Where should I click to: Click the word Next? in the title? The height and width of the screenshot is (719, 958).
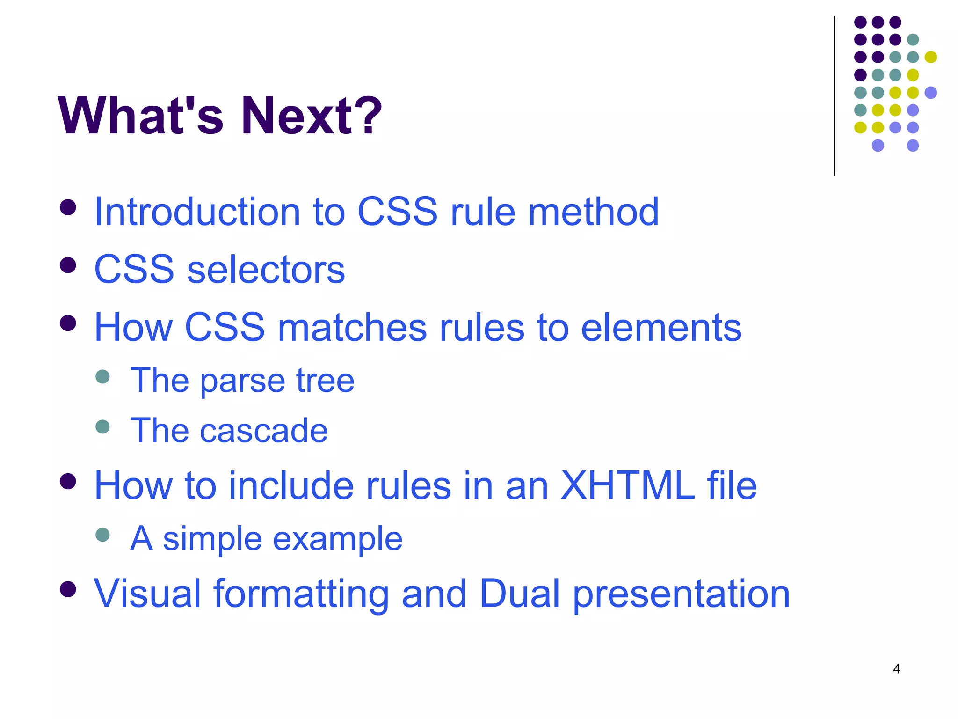click(x=311, y=116)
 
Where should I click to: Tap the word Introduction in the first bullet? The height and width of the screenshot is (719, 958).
click(x=197, y=212)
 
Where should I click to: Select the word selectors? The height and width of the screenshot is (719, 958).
click(x=266, y=270)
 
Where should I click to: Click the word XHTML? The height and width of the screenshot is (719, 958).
click(x=627, y=485)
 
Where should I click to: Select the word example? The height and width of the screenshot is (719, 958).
click(x=337, y=539)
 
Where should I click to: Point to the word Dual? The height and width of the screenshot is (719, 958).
click(x=519, y=594)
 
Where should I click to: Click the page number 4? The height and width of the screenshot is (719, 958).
click(x=896, y=669)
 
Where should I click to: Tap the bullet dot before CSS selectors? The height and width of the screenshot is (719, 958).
click(x=68, y=265)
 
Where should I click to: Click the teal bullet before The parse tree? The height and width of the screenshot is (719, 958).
click(x=102, y=376)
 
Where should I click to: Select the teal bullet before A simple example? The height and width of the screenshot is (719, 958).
click(x=102, y=535)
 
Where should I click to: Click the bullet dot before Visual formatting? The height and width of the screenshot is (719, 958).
click(x=68, y=589)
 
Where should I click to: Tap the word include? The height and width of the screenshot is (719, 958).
click(x=290, y=485)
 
